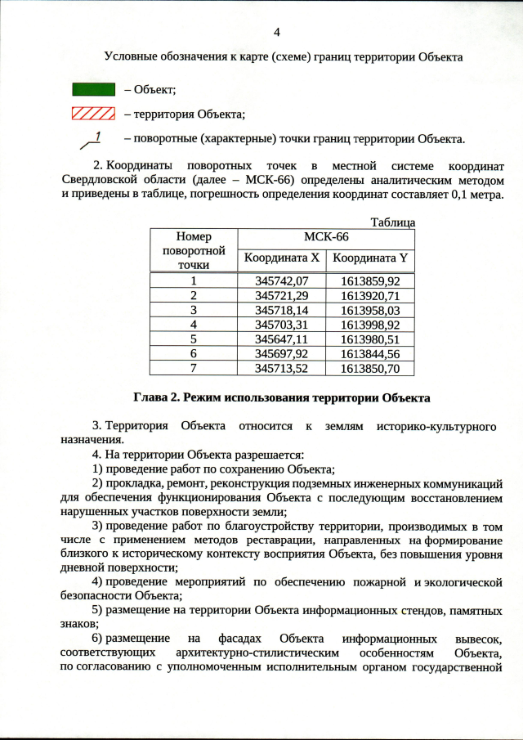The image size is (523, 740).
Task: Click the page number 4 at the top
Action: coord(276,33)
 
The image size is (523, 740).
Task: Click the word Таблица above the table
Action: coord(393,222)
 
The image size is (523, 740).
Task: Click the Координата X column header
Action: coord(280,259)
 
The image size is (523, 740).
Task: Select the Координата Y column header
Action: coord(370,259)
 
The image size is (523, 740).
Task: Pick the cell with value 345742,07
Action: coord(281,280)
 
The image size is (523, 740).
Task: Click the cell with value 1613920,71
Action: coord(370,295)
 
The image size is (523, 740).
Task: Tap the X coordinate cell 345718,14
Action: coord(281,310)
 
